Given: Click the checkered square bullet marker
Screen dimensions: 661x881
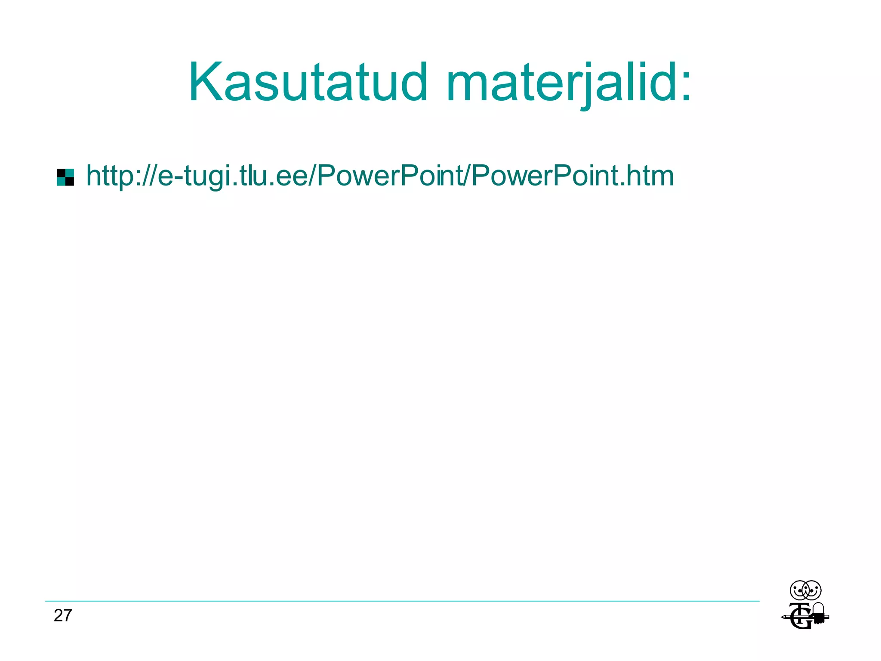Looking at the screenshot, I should (65, 177).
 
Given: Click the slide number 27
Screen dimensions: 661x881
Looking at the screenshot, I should (63, 616).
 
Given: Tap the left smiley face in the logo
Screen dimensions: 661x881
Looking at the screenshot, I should (799, 590).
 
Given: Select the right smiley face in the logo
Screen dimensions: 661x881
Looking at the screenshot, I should (812, 590).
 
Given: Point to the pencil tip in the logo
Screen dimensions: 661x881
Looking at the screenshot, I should (782, 618).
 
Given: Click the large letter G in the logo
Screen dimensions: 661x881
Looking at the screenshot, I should (801, 621).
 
